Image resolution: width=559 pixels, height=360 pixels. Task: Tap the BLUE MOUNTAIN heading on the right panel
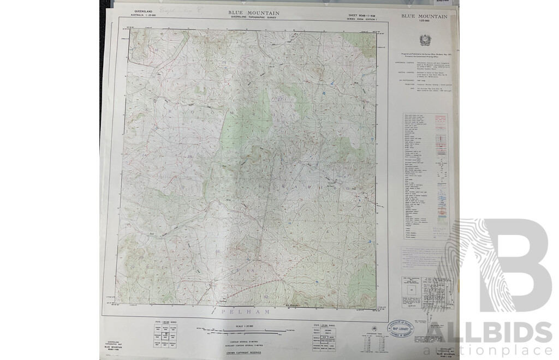point(424,17)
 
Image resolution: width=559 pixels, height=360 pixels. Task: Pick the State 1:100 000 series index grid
point(165,334)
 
